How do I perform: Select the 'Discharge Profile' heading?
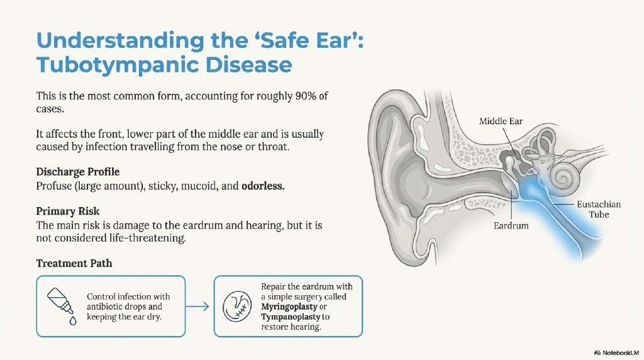click(77, 172)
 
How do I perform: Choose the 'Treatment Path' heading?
click(74, 263)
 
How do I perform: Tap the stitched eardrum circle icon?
click(240, 306)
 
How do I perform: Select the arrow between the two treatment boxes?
click(199, 307)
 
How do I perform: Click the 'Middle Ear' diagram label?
click(501, 121)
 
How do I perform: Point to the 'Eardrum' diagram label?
click(511, 225)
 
